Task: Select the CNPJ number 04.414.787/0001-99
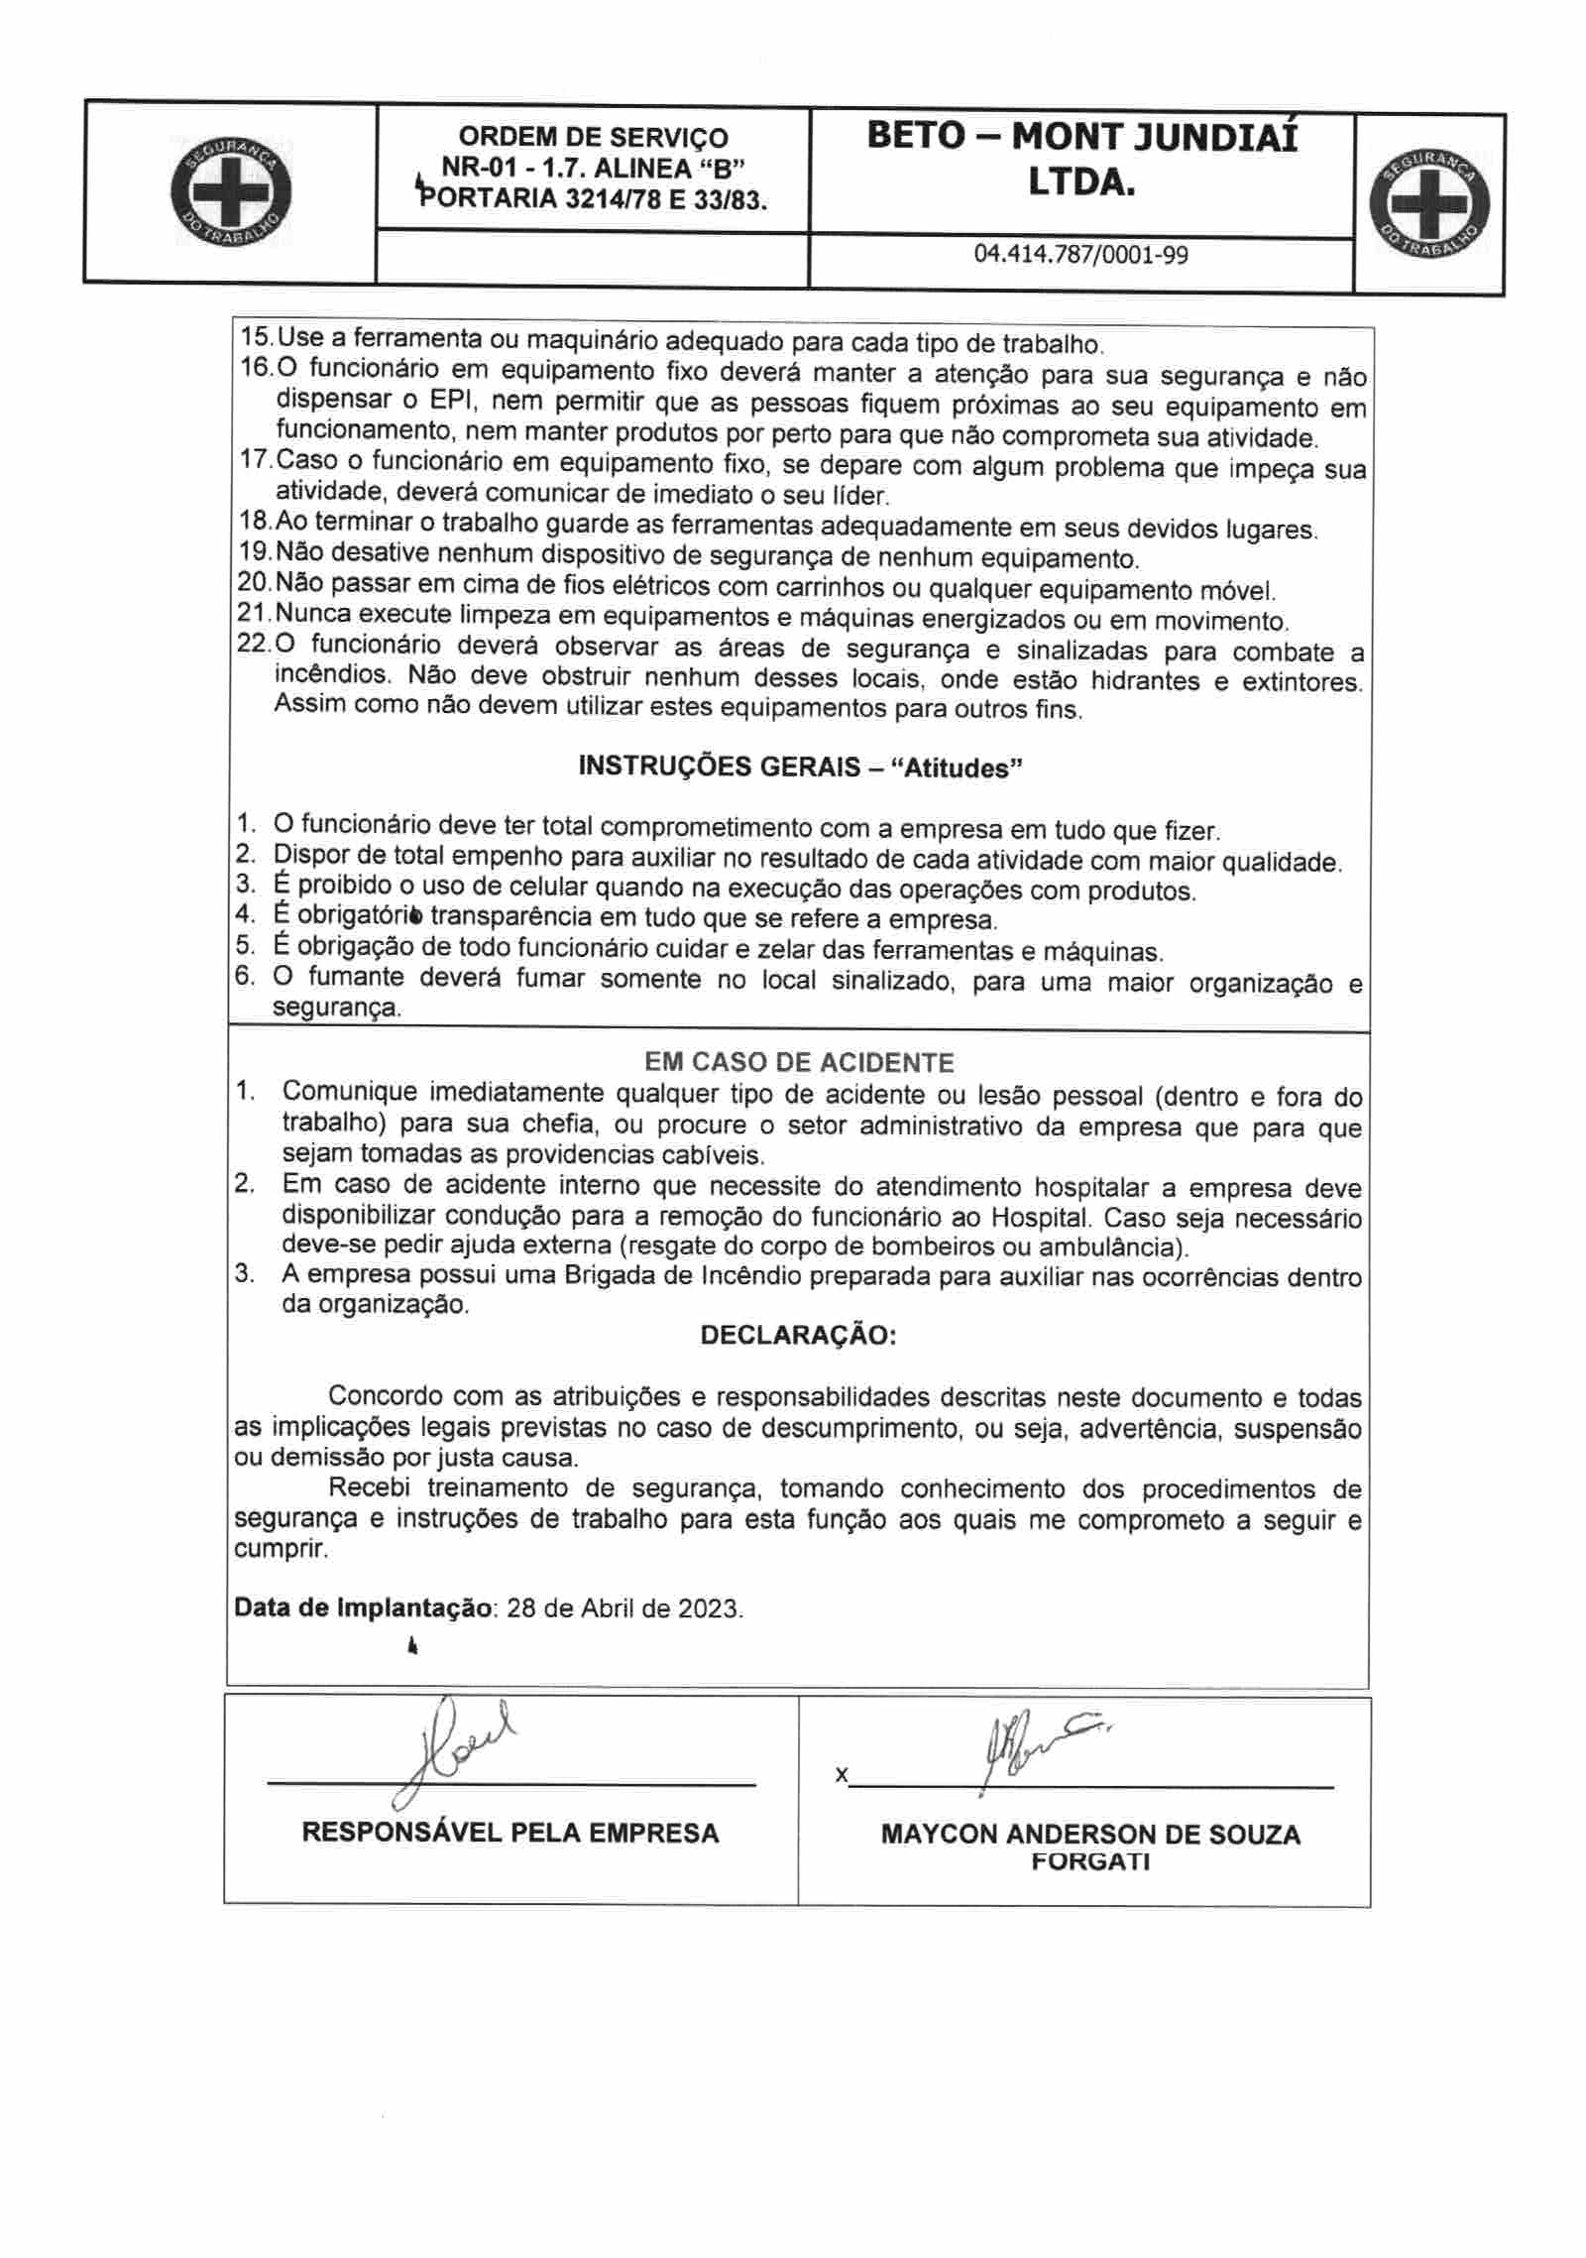point(1081,255)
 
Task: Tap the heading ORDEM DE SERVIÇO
point(593,137)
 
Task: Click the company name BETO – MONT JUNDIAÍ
point(1081,137)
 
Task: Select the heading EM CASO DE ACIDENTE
point(799,1063)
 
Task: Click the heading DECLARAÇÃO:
point(798,1335)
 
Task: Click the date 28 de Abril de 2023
point(624,1607)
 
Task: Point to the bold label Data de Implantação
point(363,1607)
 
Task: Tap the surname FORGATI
point(1090,1861)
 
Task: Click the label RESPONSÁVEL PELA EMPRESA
point(510,1833)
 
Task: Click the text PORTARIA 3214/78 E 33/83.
point(595,199)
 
